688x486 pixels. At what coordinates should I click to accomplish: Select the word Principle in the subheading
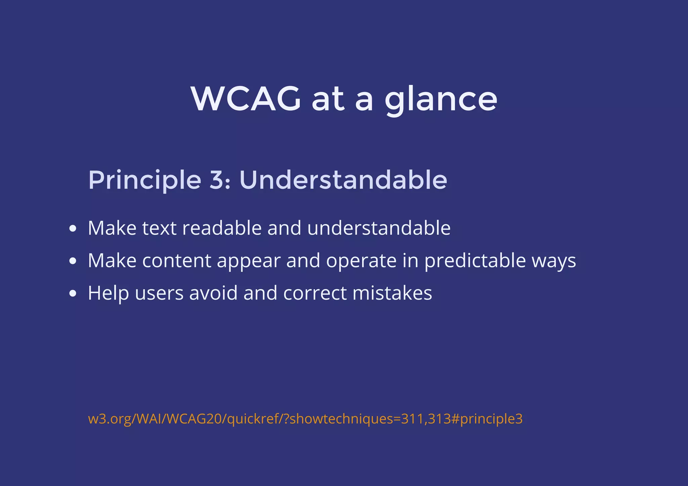click(x=144, y=180)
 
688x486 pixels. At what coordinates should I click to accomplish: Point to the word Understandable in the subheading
click(x=343, y=180)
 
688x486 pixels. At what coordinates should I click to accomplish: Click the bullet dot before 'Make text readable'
click(x=73, y=229)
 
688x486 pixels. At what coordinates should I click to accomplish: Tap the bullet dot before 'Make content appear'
click(x=73, y=261)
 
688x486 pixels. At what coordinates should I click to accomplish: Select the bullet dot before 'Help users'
click(x=73, y=293)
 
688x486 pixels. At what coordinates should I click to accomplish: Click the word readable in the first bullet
click(x=222, y=228)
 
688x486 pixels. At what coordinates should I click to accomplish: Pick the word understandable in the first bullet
click(x=379, y=228)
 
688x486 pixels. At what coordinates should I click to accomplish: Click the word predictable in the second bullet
click(x=475, y=261)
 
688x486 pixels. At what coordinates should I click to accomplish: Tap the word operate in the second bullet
click(x=361, y=261)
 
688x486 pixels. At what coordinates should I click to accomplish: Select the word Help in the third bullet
click(x=108, y=293)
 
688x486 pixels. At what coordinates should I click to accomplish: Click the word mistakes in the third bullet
click(x=392, y=293)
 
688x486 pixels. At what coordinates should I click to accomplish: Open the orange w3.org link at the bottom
click(x=305, y=419)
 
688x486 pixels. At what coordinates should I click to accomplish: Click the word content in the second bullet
click(x=176, y=261)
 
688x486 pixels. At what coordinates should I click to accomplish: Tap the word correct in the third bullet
click(x=315, y=293)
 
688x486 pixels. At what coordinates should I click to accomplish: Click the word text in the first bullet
click(x=159, y=228)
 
